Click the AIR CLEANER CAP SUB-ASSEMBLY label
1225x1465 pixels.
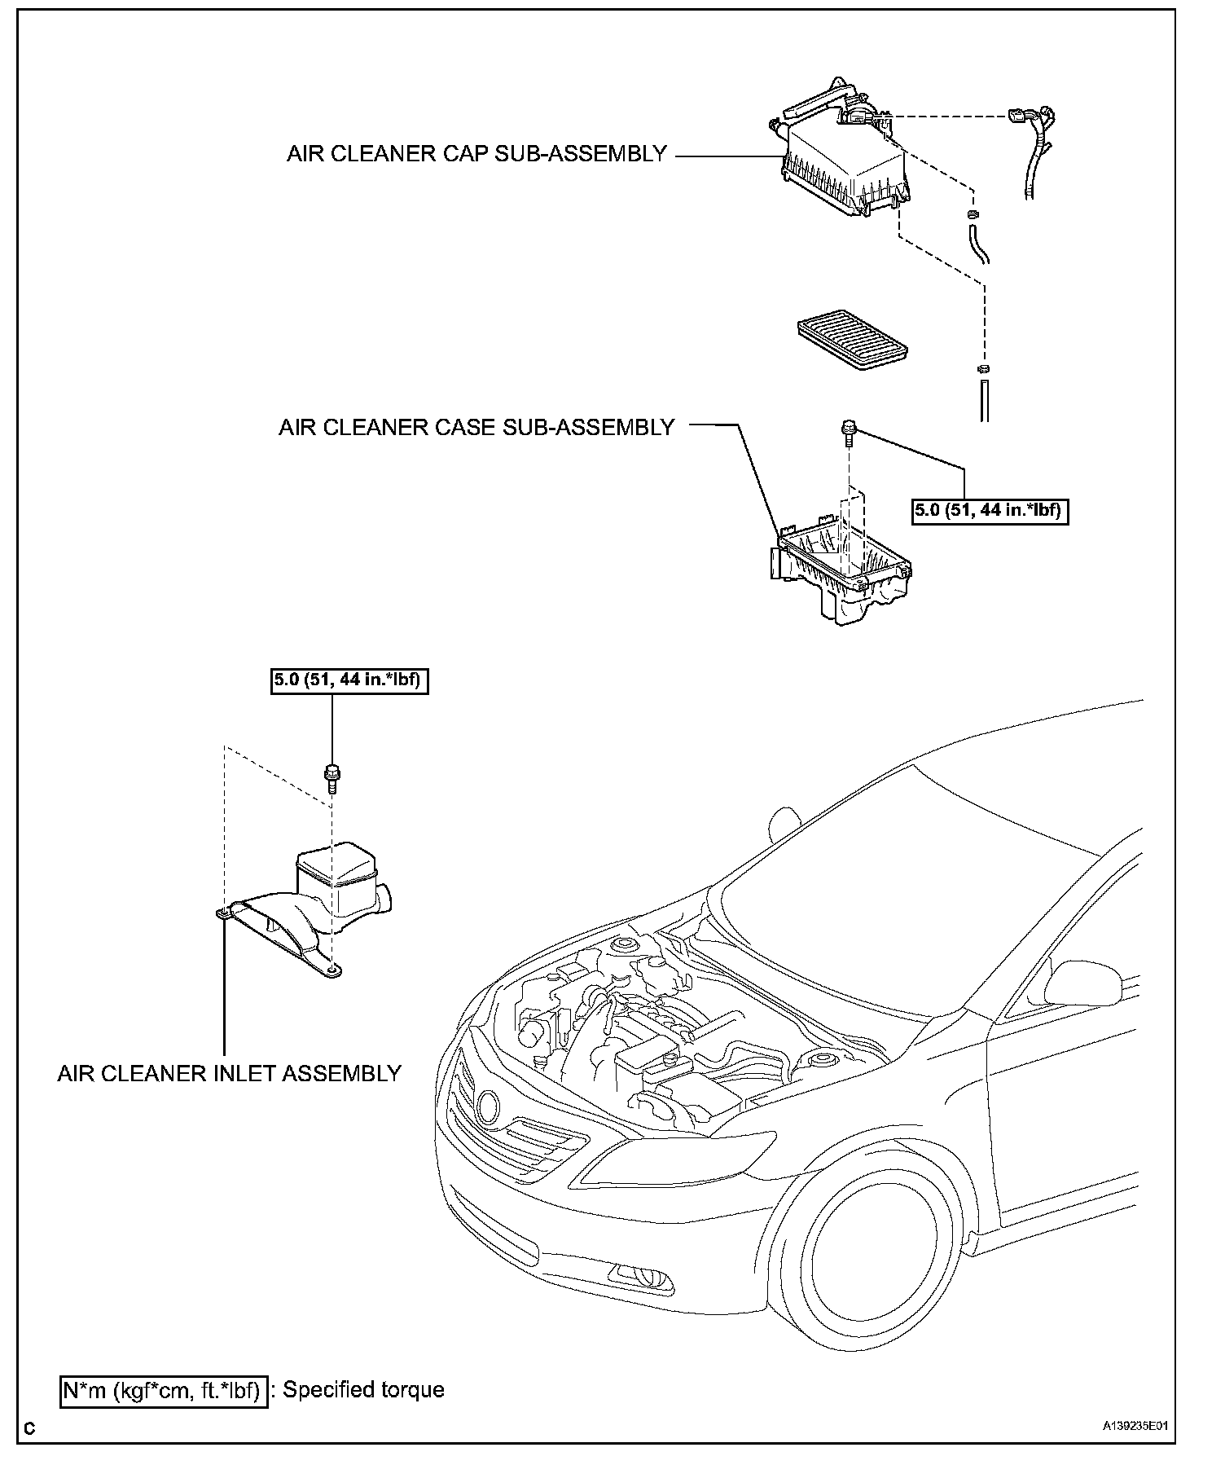(x=476, y=154)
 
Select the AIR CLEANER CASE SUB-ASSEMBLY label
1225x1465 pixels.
(x=476, y=427)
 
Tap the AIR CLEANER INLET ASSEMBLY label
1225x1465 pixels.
(x=229, y=1073)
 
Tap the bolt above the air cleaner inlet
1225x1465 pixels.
(x=331, y=776)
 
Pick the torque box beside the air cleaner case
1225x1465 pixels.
(x=989, y=511)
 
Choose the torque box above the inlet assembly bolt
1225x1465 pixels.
(x=349, y=680)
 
